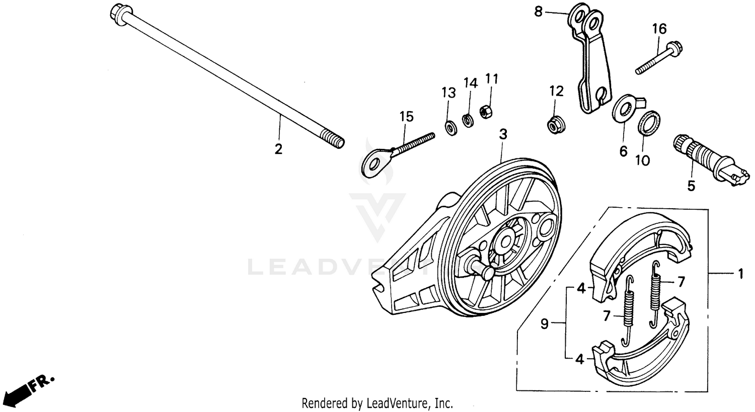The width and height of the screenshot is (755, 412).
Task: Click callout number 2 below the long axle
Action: (x=278, y=149)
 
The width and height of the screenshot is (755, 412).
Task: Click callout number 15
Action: (x=406, y=117)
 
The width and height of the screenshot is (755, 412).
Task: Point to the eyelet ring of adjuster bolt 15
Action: (x=373, y=164)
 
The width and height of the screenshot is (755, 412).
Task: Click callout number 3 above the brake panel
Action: (x=503, y=134)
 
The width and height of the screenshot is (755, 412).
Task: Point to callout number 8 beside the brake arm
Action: (x=539, y=11)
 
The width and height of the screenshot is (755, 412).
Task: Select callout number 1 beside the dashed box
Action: (x=740, y=274)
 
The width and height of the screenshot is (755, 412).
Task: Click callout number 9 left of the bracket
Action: (x=544, y=324)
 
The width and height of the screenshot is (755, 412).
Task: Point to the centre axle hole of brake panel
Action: (x=504, y=241)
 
